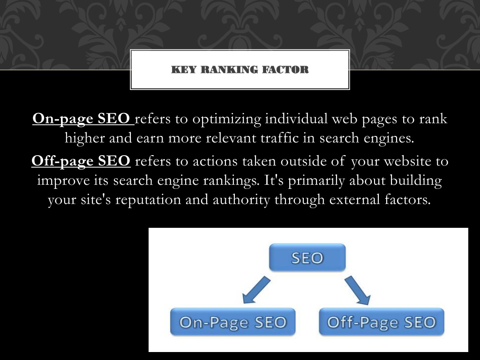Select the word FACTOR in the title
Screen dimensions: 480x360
click(285, 69)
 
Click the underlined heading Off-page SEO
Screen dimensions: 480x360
click(81, 161)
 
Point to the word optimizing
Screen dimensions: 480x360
click(227, 119)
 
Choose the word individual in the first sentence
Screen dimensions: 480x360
click(296, 119)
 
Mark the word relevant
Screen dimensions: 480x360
click(231, 138)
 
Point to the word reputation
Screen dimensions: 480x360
click(148, 200)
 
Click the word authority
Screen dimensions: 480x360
click(241, 200)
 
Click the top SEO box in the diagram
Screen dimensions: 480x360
click(307, 257)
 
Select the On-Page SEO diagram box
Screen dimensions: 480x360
click(232, 322)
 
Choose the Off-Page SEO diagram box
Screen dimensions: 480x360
click(382, 322)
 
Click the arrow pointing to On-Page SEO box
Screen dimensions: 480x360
click(256, 290)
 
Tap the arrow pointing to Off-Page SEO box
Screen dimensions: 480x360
click(358, 290)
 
